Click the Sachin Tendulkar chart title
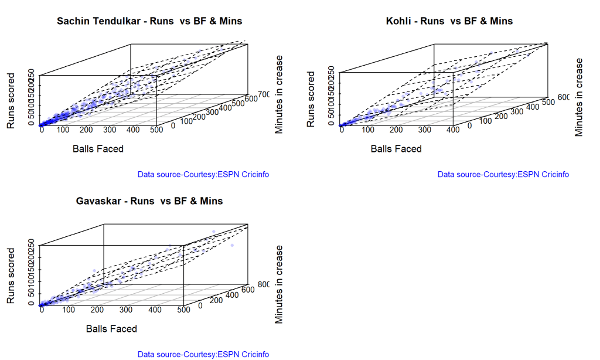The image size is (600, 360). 149,21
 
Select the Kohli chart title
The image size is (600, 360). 449,21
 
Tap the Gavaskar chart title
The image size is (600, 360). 149,201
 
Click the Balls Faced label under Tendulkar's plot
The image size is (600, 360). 98,149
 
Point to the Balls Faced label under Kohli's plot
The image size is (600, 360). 396,149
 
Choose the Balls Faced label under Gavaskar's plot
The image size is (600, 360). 111,329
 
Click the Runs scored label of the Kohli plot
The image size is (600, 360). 311,100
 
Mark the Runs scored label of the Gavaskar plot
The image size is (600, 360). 11,276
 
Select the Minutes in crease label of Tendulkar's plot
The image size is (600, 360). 279,94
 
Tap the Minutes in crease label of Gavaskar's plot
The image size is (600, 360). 279,284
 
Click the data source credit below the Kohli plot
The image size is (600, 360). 503,174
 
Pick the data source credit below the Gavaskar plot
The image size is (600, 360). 203,354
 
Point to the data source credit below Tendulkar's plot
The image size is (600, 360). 203,174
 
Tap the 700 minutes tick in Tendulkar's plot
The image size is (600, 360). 261,94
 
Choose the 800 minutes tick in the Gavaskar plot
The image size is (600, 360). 263,285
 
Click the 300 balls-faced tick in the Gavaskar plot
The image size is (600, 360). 155,310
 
